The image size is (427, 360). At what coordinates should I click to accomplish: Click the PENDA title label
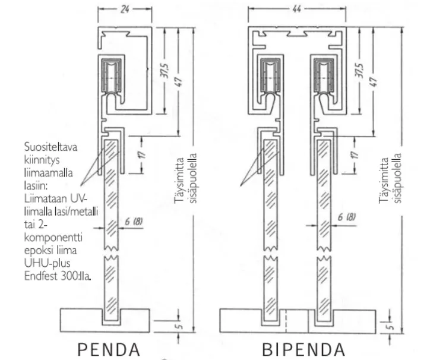[109, 350]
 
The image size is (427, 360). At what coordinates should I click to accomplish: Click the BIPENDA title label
[303, 350]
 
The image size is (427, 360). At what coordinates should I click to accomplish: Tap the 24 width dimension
[125, 10]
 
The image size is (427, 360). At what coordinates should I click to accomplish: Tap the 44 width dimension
[296, 10]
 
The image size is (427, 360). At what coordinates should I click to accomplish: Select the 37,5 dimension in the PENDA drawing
[165, 71]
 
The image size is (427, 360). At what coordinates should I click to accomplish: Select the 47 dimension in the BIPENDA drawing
[374, 82]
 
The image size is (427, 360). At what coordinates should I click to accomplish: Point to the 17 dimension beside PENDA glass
[142, 154]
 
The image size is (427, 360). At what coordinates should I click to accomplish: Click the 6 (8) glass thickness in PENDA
[134, 222]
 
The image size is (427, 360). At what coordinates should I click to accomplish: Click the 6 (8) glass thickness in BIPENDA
[347, 217]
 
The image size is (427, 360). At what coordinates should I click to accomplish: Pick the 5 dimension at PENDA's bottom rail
[179, 326]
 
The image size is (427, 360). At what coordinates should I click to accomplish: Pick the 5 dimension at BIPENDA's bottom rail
[390, 326]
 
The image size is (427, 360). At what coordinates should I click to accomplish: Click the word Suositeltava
[50, 147]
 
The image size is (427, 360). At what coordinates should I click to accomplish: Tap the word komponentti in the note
[53, 238]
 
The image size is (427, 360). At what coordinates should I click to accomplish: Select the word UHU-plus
[47, 263]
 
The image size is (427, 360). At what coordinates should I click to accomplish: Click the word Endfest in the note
[40, 276]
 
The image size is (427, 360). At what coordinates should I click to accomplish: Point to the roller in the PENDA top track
[112, 78]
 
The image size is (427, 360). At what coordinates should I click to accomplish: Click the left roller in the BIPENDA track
[270, 77]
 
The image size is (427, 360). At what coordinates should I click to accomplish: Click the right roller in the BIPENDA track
[324, 77]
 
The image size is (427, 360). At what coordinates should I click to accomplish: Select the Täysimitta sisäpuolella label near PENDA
[185, 180]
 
